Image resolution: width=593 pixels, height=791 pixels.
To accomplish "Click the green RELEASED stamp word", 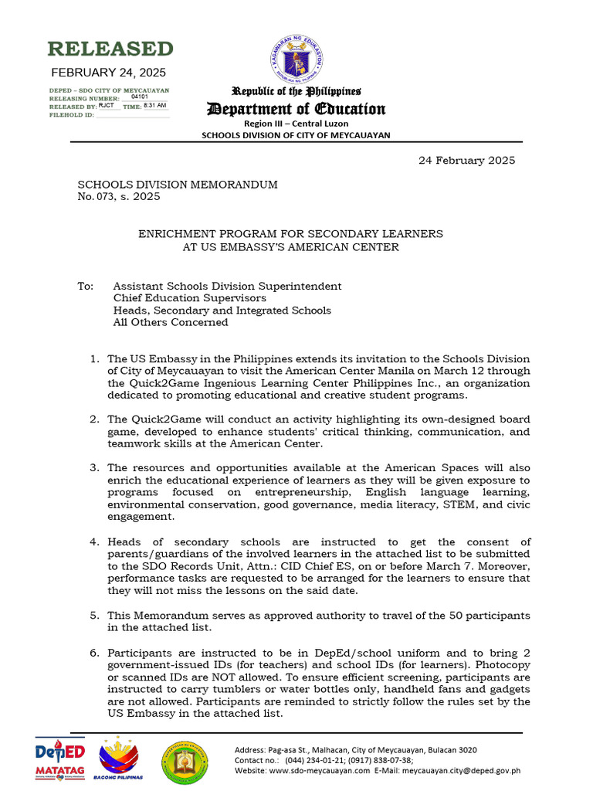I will pos(110,49).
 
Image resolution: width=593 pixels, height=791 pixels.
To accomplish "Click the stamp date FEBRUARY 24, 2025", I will pos(108,73).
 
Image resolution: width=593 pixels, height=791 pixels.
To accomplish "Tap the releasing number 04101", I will pos(140,97).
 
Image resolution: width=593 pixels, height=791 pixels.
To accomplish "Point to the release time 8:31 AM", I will pos(155,105).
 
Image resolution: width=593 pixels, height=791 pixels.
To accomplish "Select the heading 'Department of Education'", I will pos(296,109).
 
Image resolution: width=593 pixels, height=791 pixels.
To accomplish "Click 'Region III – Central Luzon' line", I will pos(296,124).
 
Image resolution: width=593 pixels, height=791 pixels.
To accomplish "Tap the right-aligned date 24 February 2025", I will pos(466,161).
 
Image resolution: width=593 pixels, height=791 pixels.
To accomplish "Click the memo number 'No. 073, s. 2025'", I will pos(119,197).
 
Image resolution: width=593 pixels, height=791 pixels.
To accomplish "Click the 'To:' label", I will pos(85,286).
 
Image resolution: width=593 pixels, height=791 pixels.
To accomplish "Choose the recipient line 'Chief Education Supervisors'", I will pos(190,298).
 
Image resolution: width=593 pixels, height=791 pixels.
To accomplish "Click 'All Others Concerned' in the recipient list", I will pos(171,322).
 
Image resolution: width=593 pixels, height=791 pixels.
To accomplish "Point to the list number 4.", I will pos(93,541).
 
